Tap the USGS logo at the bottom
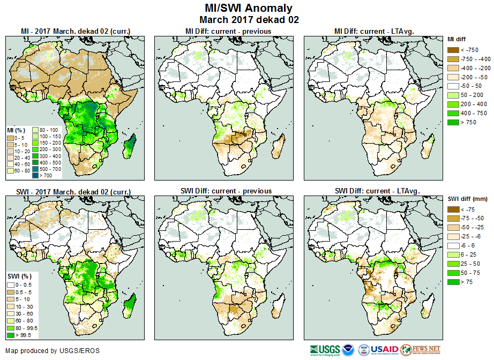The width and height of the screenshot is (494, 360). tap(324, 350)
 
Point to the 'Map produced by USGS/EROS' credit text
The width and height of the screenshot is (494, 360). tap(52, 351)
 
